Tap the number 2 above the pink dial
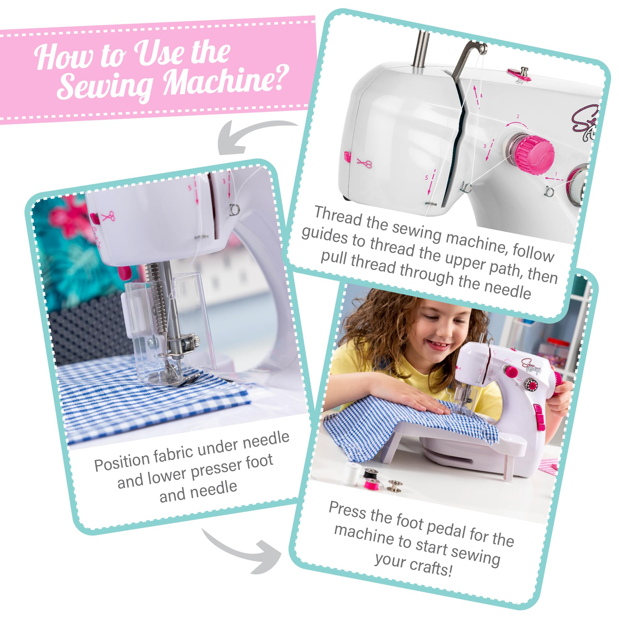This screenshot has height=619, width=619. [518, 117]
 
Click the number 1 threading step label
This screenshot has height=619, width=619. [556, 174]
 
